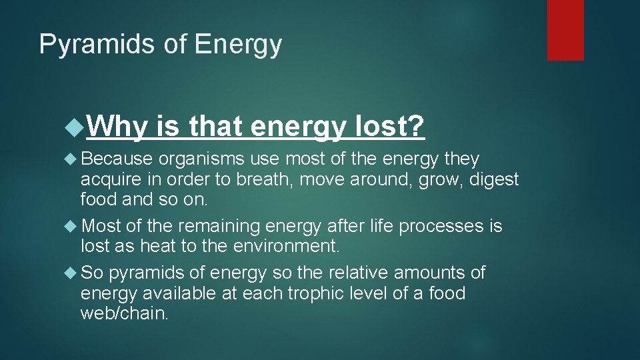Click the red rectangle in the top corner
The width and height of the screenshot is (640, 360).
coord(565,30)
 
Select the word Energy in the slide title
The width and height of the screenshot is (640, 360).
coord(238,45)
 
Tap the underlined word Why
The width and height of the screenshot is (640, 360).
coord(117,125)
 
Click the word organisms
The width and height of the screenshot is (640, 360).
coord(202,159)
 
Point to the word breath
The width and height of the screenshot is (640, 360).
coord(271,179)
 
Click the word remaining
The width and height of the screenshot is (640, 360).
coord(218,226)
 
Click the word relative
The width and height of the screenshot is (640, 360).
coord(358,273)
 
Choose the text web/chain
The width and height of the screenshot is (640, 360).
coord(125,313)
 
